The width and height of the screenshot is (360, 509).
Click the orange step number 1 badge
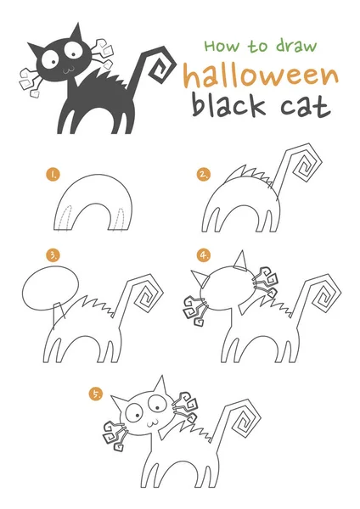click(53, 174)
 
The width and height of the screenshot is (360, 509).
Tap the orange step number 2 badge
click(204, 174)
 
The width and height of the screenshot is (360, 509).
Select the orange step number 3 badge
click(53, 255)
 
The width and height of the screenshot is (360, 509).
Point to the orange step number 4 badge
click(204, 255)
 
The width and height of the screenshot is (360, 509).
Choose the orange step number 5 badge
click(96, 394)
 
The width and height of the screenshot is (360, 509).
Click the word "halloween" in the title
click(261, 76)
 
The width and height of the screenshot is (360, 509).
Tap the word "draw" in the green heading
click(296, 46)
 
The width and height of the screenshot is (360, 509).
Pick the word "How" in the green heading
click(222, 46)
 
